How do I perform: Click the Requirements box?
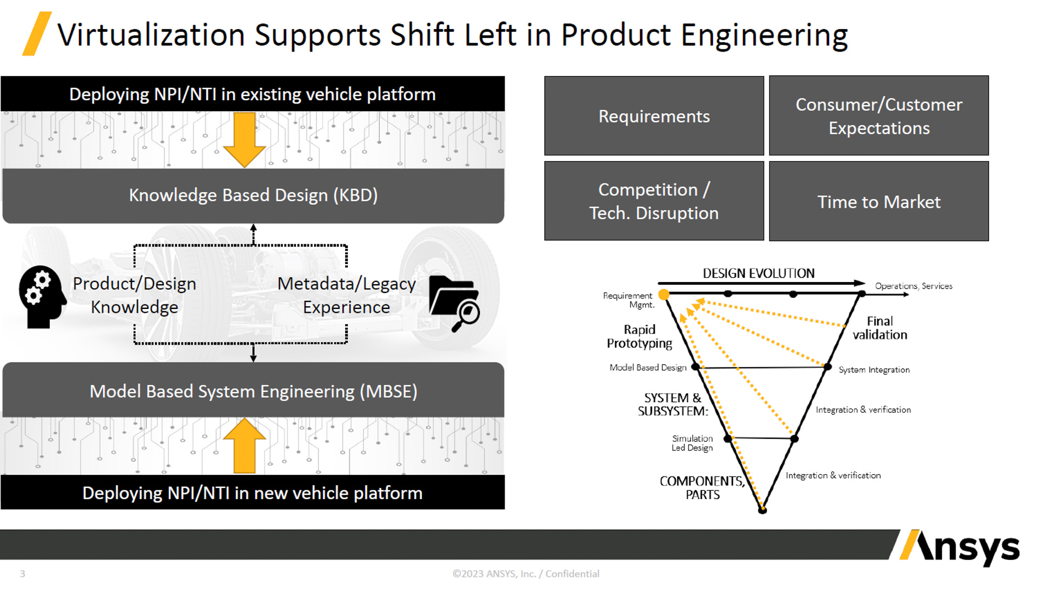[x=654, y=116]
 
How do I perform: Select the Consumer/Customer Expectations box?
[x=879, y=116]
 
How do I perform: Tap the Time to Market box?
[x=879, y=202]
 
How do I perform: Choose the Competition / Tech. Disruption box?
[x=654, y=201]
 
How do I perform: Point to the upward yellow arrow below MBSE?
[x=244, y=446]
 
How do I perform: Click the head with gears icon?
[x=42, y=296]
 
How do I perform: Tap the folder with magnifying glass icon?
[x=454, y=303]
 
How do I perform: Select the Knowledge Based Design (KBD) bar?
[x=253, y=196]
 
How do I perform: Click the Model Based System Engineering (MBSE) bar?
[x=253, y=391]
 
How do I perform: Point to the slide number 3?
[x=22, y=573]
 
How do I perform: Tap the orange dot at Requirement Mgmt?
[x=664, y=295]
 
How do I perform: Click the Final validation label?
[x=879, y=328]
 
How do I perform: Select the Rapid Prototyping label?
[x=639, y=336]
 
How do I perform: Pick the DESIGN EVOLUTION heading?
[x=758, y=273]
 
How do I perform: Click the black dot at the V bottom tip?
[x=762, y=510]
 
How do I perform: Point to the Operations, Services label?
[x=913, y=286]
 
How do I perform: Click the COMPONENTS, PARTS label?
[x=702, y=487]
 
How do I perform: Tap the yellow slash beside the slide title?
[x=37, y=34]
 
